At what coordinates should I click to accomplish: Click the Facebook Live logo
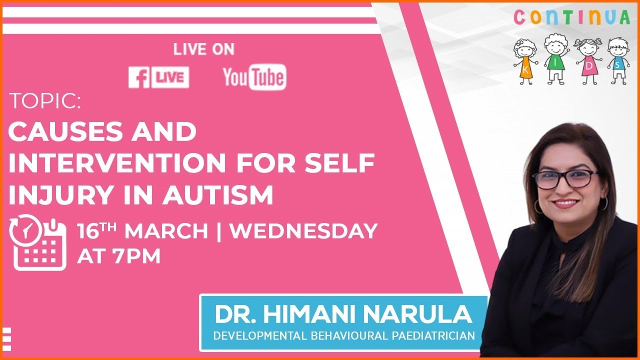158,77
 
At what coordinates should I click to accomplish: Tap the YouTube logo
254,77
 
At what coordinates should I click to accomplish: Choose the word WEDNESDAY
303,231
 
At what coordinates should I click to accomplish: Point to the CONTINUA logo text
571,17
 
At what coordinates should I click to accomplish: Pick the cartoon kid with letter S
618,60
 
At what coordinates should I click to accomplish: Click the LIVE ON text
203,49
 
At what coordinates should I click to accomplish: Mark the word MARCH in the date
166,231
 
